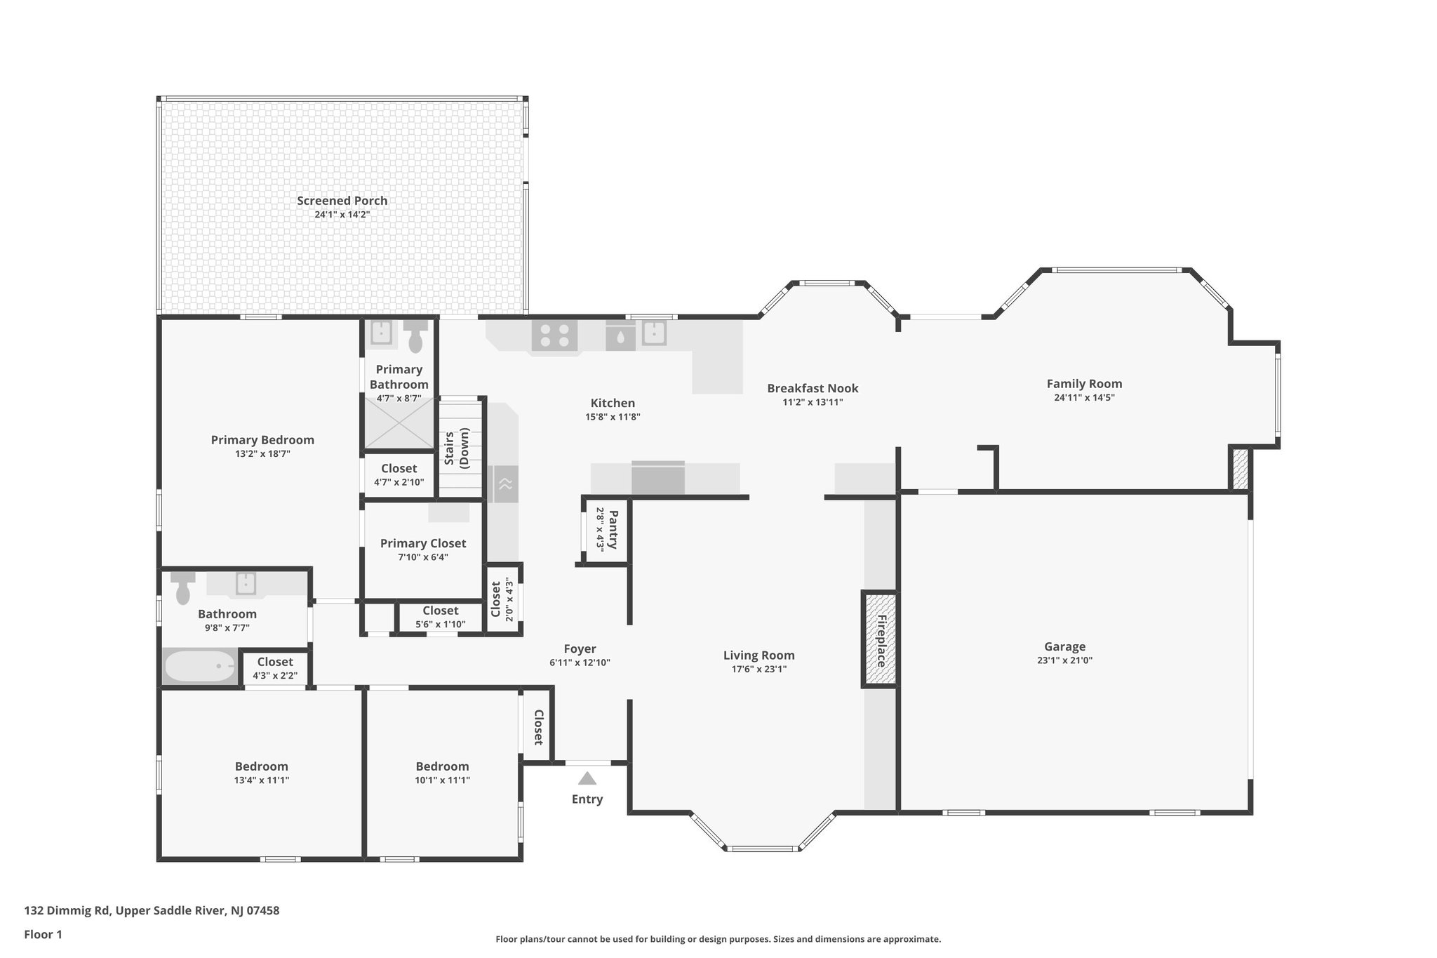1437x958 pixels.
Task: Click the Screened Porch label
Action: [342, 201]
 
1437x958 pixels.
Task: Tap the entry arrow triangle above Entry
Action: [587, 778]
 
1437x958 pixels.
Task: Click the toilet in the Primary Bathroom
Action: [417, 337]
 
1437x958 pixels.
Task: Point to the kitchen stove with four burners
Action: [554, 335]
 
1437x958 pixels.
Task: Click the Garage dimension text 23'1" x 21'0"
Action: [1064, 660]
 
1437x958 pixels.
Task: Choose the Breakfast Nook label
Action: [813, 388]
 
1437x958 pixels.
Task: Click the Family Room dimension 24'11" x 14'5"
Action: [1084, 397]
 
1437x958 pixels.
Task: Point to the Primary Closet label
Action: [423, 543]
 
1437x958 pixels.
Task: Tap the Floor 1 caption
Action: [44, 935]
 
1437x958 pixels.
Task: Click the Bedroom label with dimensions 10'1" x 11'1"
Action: [442, 766]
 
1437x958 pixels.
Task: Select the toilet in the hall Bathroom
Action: [183, 588]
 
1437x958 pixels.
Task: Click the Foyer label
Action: [580, 649]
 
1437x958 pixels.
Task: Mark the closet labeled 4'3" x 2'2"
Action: [275, 668]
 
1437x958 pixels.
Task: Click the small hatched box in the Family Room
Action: [1240, 469]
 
